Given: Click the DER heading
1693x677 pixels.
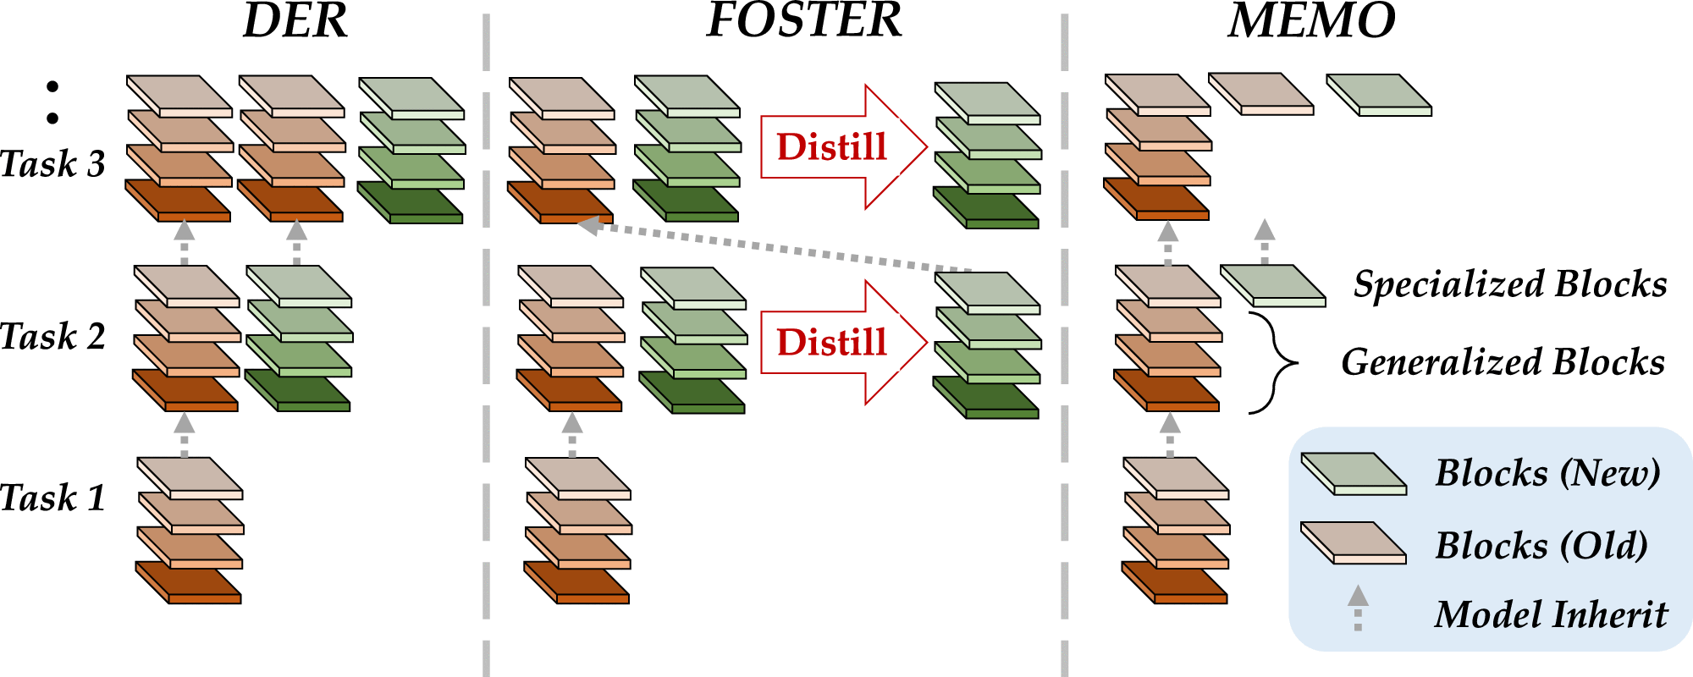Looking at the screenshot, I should tap(295, 21).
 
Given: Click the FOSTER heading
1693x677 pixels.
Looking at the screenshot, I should tap(804, 21).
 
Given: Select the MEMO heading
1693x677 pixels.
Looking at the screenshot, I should tap(1311, 21).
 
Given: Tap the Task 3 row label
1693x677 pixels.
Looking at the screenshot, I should tap(52, 163).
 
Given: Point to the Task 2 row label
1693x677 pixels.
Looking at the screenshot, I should tap(52, 336).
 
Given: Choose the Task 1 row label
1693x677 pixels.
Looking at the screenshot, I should tap(52, 497).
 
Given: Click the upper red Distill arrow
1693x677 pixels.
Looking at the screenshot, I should tap(842, 147).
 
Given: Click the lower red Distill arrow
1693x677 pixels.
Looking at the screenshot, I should tap(842, 342).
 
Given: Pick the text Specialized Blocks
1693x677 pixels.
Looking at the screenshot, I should tap(1510, 284).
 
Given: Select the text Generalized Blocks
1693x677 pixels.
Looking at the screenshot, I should tap(1503, 362).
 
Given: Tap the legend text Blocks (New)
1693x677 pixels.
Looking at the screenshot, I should tap(1547, 472).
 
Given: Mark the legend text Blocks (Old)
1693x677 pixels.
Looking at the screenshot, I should tap(1541, 545).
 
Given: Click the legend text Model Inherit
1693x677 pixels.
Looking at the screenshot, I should tap(1551, 614).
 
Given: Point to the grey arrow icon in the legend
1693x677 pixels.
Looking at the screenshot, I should tap(1358, 607).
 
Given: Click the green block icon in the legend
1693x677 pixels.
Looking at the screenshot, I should tap(1353, 473).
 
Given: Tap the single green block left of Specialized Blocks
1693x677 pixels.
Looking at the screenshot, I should tap(1272, 285).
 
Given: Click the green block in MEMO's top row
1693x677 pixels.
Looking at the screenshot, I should tap(1378, 95).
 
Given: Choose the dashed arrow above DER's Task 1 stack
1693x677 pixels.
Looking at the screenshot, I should tap(184, 433).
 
